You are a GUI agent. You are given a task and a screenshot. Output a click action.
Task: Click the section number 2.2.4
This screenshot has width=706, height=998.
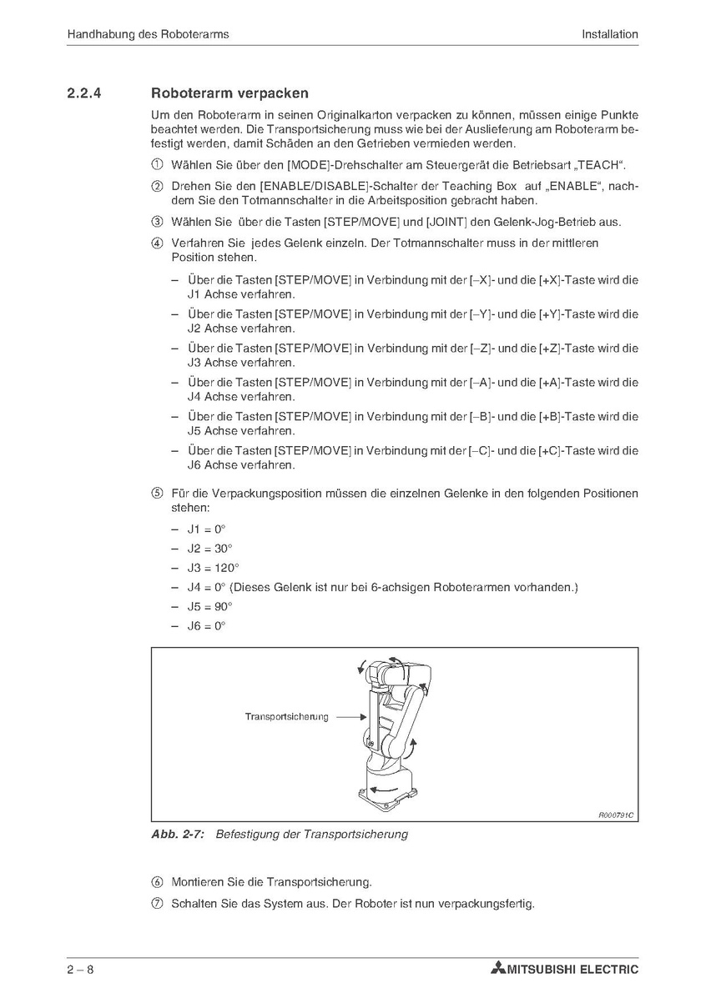(x=84, y=93)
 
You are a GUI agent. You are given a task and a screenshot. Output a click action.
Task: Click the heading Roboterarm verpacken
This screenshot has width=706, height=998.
(x=229, y=93)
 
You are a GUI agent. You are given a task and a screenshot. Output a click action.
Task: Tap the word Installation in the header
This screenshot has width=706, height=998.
(x=610, y=34)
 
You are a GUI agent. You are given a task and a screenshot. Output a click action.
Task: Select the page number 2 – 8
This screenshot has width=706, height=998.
(x=81, y=969)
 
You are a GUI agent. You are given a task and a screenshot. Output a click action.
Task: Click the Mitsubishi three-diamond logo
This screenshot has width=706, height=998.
(x=498, y=969)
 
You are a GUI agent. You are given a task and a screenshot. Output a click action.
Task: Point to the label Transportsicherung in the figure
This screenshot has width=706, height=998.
(x=286, y=716)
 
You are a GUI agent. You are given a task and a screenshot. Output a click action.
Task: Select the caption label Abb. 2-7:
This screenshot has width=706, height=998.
(x=179, y=834)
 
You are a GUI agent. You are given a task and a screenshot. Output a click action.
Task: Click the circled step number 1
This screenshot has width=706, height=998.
(x=156, y=163)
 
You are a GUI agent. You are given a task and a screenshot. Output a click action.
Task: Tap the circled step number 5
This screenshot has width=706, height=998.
(x=156, y=494)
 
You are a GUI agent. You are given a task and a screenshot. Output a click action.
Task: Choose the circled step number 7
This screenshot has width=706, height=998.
(x=156, y=904)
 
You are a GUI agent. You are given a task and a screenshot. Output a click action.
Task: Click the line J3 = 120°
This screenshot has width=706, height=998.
(x=209, y=568)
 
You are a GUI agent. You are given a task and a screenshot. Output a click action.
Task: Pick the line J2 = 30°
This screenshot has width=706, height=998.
(x=209, y=549)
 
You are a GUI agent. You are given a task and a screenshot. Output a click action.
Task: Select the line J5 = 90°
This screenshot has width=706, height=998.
(x=209, y=607)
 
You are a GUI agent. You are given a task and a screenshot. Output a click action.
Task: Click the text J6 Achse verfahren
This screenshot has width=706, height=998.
(x=241, y=465)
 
